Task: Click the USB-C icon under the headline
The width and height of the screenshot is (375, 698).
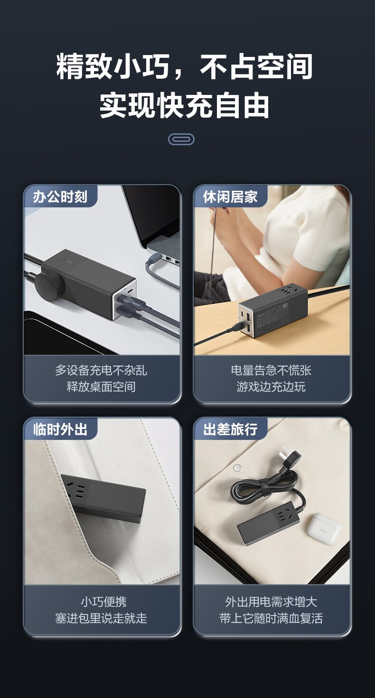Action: point(181,139)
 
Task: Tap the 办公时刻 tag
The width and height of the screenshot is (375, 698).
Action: point(60,196)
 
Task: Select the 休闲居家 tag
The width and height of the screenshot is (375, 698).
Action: point(230,196)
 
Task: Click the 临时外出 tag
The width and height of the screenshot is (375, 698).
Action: point(60,429)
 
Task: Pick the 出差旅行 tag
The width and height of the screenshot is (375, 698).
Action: point(230,429)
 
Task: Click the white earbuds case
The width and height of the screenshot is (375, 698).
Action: point(324,529)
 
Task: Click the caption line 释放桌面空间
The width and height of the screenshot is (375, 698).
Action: point(101,387)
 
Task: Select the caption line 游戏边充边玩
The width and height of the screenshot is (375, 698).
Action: point(271,387)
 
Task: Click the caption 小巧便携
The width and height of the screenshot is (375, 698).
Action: point(103,601)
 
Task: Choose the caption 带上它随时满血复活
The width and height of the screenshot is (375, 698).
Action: point(271,618)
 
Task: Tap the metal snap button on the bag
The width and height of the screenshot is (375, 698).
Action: point(237,468)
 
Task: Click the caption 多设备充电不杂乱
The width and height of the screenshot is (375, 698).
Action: point(101,370)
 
